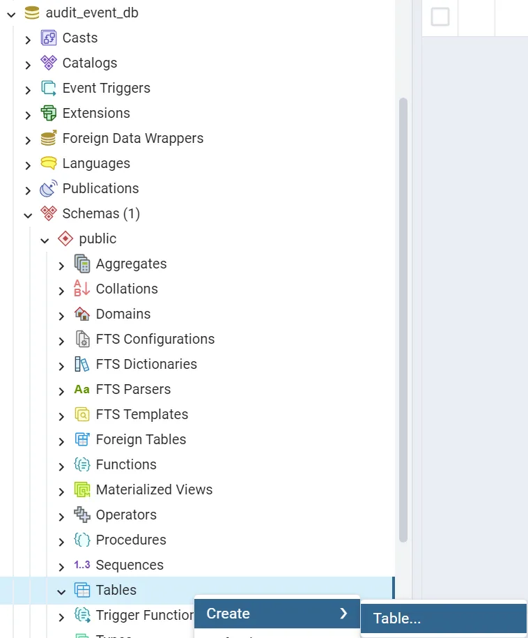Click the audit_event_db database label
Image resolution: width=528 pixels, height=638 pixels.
pos(92,13)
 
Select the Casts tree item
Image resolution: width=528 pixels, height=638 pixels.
pos(79,38)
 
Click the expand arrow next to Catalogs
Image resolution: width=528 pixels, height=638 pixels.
pos(28,64)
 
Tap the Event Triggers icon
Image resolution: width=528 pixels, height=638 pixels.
pos(48,88)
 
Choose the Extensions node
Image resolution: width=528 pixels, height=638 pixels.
pos(95,113)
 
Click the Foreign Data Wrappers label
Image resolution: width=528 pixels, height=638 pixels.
pos(132,138)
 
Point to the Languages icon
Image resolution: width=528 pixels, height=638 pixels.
pos(48,163)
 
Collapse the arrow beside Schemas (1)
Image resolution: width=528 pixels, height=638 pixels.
pos(28,215)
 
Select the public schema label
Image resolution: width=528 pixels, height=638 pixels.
pos(98,238)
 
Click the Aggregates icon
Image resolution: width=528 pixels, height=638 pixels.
pos(82,264)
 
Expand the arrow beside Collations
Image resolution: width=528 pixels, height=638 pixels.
pos(61,290)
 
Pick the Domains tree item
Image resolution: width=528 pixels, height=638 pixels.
pos(123,314)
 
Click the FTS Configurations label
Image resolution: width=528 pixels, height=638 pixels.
pos(155,339)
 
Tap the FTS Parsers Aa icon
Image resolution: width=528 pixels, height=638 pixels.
pos(82,389)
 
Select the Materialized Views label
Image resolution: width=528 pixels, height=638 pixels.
pos(154,489)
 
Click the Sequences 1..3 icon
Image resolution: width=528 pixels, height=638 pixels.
pos(82,565)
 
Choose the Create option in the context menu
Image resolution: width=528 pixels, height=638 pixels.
pos(228,614)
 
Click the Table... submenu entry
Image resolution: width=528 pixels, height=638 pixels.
pos(397,618)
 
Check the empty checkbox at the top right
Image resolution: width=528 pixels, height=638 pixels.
pos(440,16)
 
